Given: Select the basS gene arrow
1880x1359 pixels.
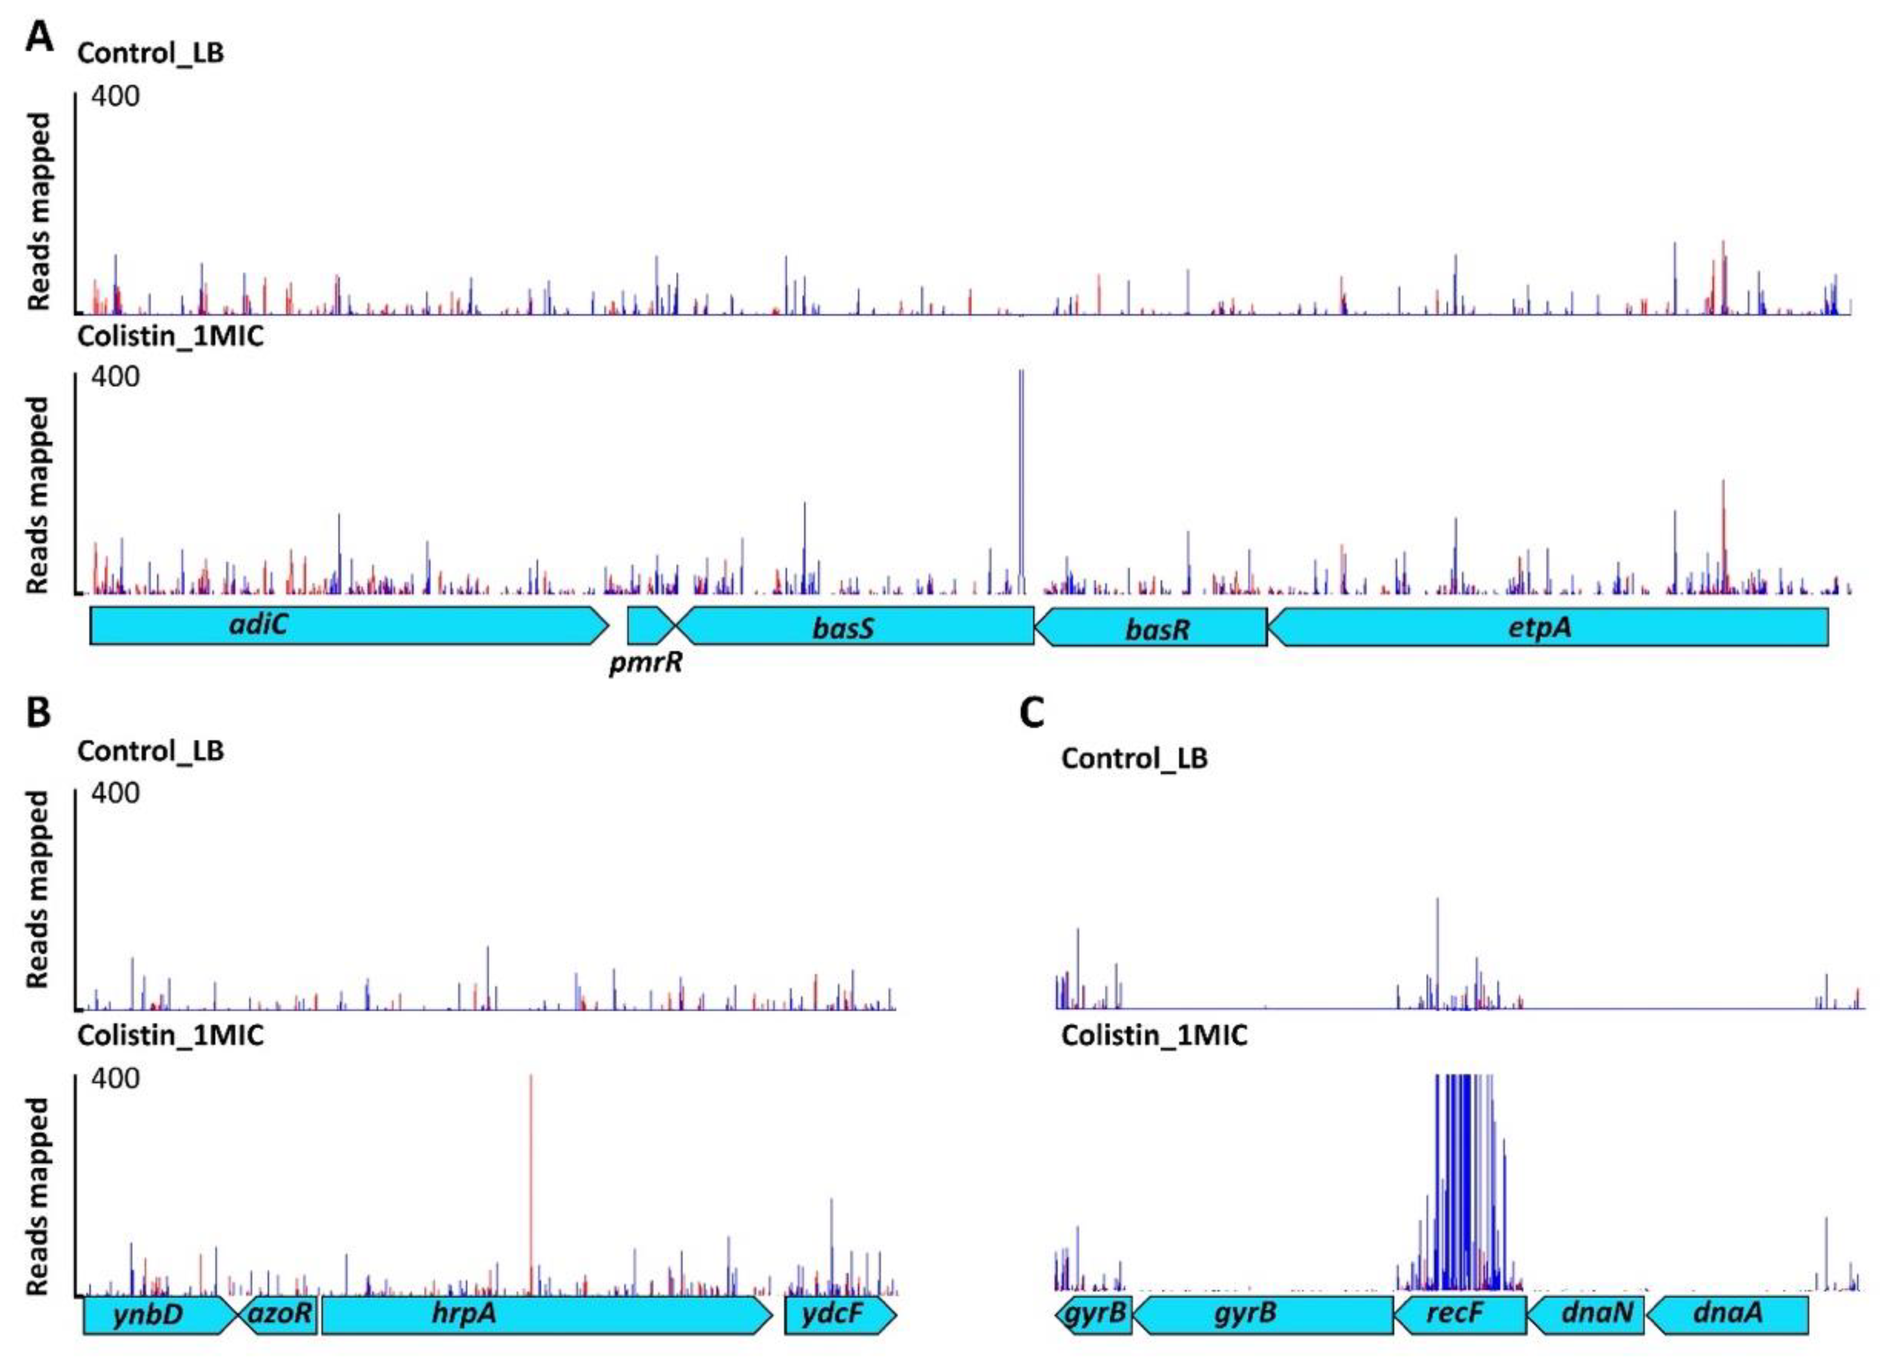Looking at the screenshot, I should tap(854, 627).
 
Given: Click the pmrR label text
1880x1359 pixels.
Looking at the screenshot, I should tap(646, 664).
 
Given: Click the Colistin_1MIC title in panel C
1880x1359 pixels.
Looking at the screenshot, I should tap(1154, 1035).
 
